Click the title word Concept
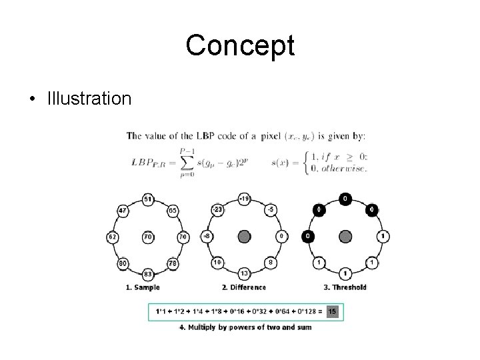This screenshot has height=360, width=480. point(240,45)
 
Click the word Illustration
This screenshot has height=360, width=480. point(89,99)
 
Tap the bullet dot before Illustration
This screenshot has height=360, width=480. point(32,100)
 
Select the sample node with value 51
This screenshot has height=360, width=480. point(147,199)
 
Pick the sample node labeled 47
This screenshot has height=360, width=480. point(122,210)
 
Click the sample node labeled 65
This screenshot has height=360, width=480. point(172,210)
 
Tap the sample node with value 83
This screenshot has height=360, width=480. point(147,273)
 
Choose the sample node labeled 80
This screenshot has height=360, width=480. point(122,263)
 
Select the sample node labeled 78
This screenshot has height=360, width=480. point(172,263)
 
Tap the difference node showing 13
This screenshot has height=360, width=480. point(245,273)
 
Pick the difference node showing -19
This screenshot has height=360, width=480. point(245,199)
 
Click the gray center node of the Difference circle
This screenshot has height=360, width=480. point(245,236)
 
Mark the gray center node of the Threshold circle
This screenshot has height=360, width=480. point(345,236)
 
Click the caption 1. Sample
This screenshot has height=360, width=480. point(143,287)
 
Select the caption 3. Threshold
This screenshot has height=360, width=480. point(345,287)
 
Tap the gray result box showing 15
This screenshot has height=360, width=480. point(332,311)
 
